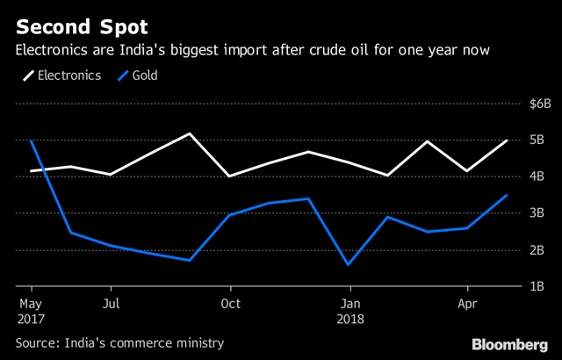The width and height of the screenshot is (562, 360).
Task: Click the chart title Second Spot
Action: (x=82, y=27)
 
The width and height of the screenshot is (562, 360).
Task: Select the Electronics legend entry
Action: (x=62, y=76)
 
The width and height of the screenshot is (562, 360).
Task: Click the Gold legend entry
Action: (x=138, y=76)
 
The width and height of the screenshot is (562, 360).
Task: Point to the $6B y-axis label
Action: (x=540, y=104)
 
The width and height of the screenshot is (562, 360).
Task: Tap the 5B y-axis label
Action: (x=537, y=140)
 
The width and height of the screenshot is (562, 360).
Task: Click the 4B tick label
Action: (x=537, y=176)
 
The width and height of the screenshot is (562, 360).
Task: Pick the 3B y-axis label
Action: (x=537, y=213)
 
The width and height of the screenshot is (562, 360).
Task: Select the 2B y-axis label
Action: (x=537, y=250)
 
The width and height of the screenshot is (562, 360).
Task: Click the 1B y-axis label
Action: (x=537, y=286)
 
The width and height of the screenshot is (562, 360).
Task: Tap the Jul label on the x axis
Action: (x=112, y=304)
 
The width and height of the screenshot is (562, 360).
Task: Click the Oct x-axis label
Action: (x=231, y=304)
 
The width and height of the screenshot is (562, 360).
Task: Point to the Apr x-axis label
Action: (x=468, y=305)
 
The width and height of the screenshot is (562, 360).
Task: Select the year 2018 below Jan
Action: (x=350, y=319)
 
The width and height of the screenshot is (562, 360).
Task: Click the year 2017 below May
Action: (x=31, y=319)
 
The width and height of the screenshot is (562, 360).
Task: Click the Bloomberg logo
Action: (x=509, y=344)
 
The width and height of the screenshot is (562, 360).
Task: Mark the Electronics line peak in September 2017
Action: (x=190, y=133)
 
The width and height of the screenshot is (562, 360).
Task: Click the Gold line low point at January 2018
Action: (x=349, y=265)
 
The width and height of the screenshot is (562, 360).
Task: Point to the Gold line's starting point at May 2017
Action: (x=32, y=140)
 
